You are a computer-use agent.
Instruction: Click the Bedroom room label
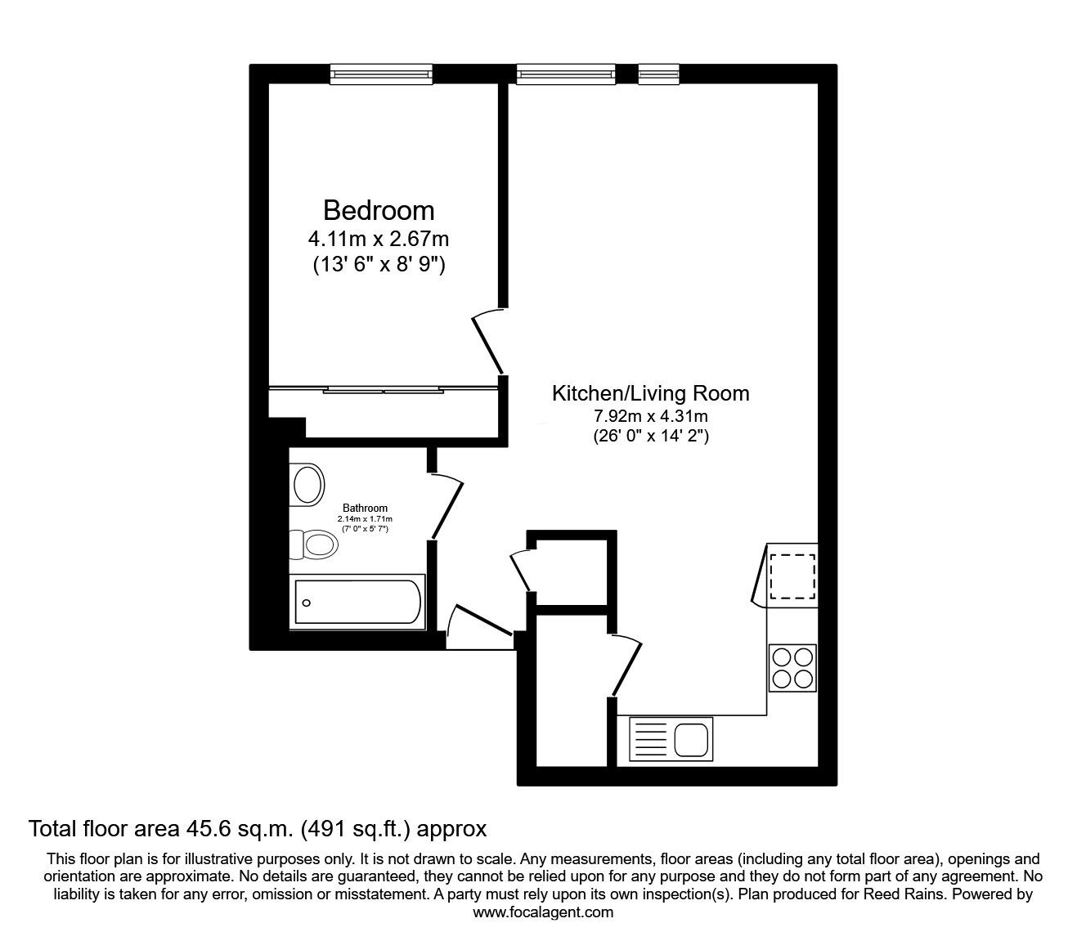pos(379,210)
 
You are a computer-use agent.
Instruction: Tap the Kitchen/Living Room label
pos(650,393)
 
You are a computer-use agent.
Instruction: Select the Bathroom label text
pos(365,508)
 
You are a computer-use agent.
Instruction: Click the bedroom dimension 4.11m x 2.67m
pos(379,240)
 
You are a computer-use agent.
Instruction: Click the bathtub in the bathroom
pos(357,603)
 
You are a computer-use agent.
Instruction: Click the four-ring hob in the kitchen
pos(792,668)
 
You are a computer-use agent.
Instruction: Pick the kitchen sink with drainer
pos(671,738)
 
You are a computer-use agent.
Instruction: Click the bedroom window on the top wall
pos(380,74)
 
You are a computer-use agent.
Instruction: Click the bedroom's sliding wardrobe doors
pos(384,390)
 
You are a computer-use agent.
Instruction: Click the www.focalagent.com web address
pos(543,912)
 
